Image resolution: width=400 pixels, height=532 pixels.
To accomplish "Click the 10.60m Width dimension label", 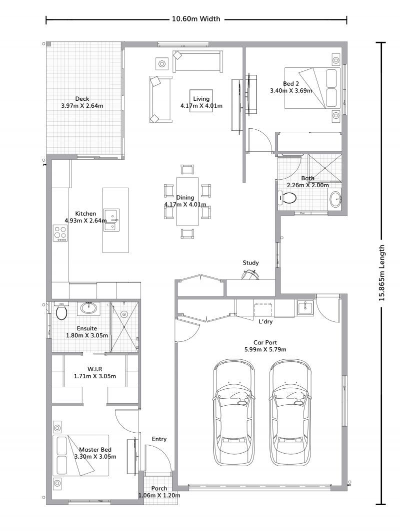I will point(196,19).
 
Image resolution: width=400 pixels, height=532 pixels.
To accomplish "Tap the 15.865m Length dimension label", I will point(381,272).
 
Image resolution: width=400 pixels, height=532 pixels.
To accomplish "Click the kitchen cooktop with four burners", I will point(60,233).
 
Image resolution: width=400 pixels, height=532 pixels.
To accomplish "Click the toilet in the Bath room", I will point(286,198).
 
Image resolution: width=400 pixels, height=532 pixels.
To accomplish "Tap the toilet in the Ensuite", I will point(61,312).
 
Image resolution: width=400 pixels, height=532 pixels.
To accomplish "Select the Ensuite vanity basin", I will point(89,308).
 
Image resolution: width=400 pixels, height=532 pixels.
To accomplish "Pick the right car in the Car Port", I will point(289,412).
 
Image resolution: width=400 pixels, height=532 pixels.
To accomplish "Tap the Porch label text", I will point(159,488).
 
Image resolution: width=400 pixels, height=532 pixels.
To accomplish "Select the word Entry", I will point(159,439).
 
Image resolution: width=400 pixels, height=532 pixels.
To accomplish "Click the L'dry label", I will point(265,322).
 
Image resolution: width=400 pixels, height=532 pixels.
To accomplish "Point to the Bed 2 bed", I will point(313,88).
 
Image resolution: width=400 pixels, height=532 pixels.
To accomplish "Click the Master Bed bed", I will point(80,455).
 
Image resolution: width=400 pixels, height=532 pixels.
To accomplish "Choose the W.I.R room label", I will point(94,369).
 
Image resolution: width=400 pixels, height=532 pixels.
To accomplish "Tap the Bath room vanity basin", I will point(335,200).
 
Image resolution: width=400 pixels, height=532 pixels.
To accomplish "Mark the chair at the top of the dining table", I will point(187,169).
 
